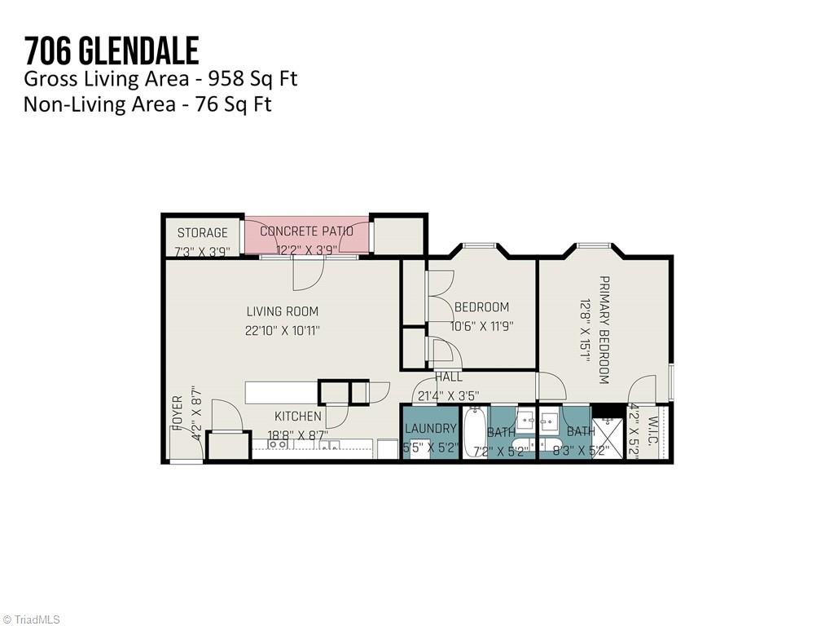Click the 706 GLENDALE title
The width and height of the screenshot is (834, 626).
[x=111, y=51]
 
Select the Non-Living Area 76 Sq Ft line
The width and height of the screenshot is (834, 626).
[x=147, y=104]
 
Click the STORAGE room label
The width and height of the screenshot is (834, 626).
[x=203, y=233]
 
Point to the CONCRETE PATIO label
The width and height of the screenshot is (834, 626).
[x=306, y=231]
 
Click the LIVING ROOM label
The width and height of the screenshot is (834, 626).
[x=283, y=311]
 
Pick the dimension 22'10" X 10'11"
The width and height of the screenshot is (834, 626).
[x=283, y=331]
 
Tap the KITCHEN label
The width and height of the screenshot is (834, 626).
[x=297, y=417]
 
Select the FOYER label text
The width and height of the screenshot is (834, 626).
[x=177, y=414]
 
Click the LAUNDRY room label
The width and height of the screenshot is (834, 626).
[x=430, y=429]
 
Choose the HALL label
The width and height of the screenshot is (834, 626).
[x=448, y=377]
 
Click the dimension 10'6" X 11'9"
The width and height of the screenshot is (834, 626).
[x=481, y=326]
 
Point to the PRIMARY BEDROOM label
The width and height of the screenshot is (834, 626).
[x=604, y=329]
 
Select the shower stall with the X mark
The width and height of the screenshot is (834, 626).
[x=607, y=439]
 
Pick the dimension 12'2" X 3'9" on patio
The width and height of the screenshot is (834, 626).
[x=306, y=250]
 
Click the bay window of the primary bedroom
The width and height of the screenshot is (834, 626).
[x=595, y=245]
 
